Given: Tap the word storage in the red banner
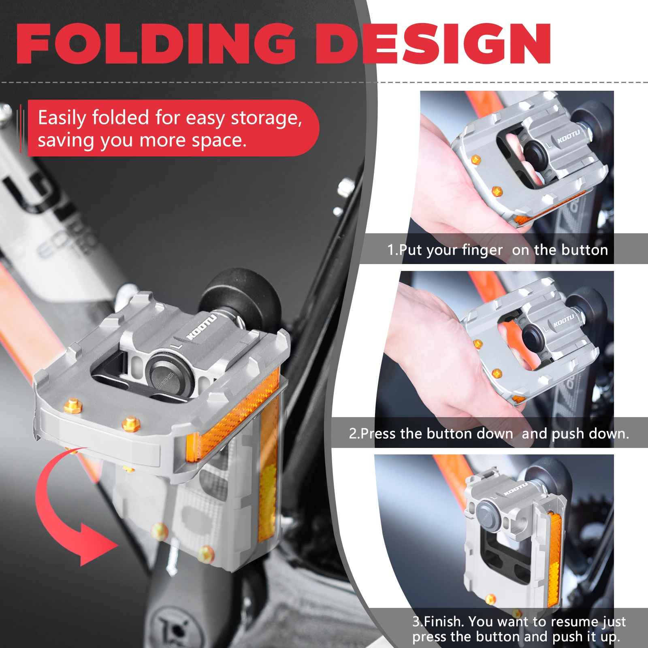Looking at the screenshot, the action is coord(266,118).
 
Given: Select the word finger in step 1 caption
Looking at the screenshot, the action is coord(482,250).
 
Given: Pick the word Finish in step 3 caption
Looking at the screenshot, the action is coord(443,621).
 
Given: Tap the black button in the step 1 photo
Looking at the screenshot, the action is coord(536,153).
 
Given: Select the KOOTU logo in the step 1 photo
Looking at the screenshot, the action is coord(569,136).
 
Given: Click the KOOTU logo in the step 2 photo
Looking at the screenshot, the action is coord(564,320).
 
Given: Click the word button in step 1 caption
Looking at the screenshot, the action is coord(583,250).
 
